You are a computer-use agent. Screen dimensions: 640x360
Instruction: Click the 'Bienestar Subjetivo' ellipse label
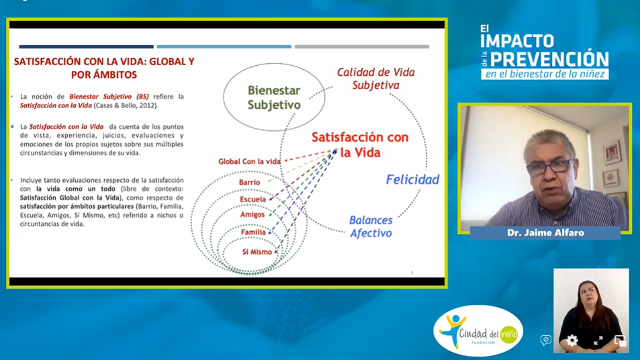tap(274, 97)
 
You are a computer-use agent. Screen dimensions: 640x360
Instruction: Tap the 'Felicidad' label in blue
tap(412, 179)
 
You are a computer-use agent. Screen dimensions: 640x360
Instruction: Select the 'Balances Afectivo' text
tap(371, 226)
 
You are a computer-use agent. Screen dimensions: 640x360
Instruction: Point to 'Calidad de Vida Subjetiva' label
tap(375, 79)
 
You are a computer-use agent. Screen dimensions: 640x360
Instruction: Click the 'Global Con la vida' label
tap(249, 162)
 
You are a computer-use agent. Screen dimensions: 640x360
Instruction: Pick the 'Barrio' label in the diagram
tap(249, 183)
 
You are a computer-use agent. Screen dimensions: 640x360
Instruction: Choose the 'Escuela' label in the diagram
tap(253, 199)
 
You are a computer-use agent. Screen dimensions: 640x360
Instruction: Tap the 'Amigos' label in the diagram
tap(253, 215)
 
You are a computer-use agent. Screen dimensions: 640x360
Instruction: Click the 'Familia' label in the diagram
tap(253, 232)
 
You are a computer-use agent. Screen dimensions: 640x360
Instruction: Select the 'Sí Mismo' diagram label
tap(257, 252)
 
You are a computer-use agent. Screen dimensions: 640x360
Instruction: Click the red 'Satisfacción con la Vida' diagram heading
tap(360, 144)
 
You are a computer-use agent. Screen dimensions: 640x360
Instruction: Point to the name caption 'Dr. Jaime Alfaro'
tap(545, 232)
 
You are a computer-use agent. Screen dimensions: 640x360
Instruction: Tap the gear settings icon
tap(572, 341)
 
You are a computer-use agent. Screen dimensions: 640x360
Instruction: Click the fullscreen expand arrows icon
tap(598, 341)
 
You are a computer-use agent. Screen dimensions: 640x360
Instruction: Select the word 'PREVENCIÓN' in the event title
tap(549, 59)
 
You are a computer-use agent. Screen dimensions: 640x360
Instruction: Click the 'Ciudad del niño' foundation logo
tap(478, 331)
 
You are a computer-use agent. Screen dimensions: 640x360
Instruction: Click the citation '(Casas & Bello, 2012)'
tap(126, 105)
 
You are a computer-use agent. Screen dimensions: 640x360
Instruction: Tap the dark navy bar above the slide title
tap(86, 46)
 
